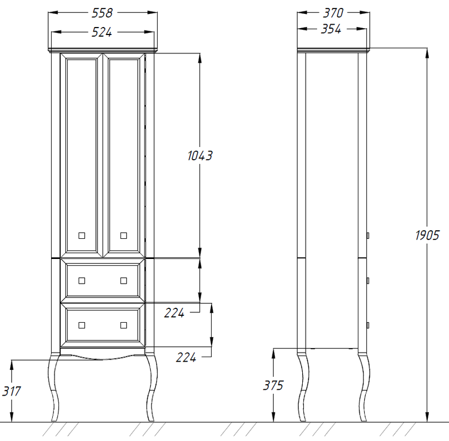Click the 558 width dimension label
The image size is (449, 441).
[102, 13]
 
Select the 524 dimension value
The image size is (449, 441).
[101, 32]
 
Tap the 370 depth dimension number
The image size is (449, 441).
[333, 13]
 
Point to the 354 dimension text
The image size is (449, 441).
[331, 29]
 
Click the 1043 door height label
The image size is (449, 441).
[200, 156]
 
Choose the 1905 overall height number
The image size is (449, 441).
[427, 235]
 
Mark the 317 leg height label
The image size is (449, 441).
[11, 391]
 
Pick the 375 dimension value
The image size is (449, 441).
[273, 385]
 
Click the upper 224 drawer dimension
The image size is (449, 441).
[174, 313]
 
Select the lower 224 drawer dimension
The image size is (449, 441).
[186, 358]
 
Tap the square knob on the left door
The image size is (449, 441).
[81, 235]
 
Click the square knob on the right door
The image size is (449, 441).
[124, 235]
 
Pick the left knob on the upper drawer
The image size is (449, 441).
[81, 280]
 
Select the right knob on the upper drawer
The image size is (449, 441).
[124, 280]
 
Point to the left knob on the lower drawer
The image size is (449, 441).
[81, 325]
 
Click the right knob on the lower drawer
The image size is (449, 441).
[124, 325]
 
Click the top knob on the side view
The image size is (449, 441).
[368, 235]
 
